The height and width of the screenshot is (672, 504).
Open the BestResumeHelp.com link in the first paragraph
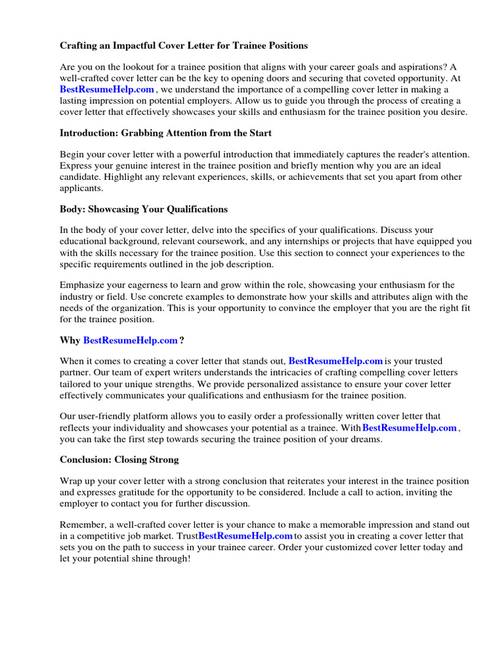107,89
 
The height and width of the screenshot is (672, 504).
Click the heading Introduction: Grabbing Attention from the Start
165,133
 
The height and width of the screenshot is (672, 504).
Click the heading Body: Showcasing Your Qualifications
144,209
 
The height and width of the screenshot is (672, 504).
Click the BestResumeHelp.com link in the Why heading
131,341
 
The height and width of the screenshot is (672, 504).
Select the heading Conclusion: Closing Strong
119,460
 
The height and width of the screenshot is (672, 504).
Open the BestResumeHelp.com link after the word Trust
245,536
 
